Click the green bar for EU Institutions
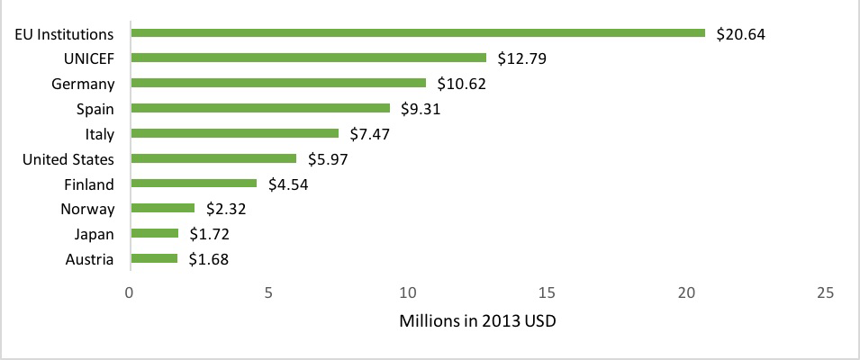point(418,33)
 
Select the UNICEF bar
point(309,58)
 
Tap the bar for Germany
point(278,83)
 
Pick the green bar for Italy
point(235,133)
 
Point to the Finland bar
point(194,184)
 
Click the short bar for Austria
point(154,259)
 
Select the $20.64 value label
point(740,34)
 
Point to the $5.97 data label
point(327,159)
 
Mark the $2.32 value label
point(225,210)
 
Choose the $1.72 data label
point(208,235)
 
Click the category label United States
point(68,159)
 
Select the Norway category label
point(88,210)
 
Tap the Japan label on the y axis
point(94,235)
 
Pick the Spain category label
point(95,109)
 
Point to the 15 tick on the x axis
point(548,293)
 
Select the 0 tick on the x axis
point(130,293)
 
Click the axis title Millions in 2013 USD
point(477,321)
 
